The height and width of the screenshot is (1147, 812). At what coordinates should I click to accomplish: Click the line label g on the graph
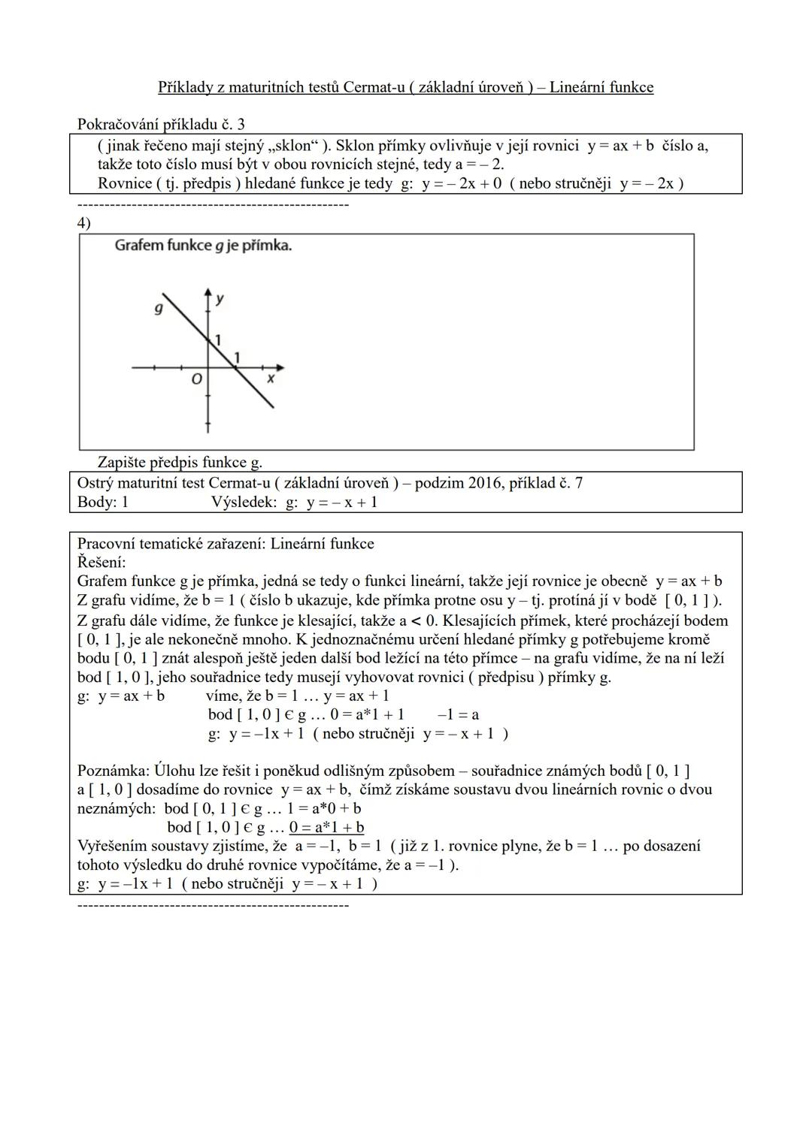pos(159,308)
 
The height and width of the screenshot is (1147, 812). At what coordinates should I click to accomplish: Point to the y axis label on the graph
pos(220,299)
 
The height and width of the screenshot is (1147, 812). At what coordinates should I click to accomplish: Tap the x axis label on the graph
pos(271,379)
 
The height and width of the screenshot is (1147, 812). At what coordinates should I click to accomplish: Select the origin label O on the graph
pos(196,380)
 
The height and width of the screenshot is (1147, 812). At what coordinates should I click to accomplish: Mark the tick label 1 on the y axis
pos(218,340)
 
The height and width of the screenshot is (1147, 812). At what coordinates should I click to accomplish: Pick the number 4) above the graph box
pos(83,223)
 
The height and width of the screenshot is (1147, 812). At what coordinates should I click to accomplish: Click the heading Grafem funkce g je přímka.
pos(203,246)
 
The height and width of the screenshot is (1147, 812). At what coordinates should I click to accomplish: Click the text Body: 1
pos(103,502)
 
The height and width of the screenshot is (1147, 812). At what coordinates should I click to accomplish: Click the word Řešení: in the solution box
pos(101,562)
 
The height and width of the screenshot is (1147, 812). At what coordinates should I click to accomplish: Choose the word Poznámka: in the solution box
pos(114,771)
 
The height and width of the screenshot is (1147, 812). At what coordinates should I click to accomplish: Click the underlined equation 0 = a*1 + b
pos(327,827)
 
